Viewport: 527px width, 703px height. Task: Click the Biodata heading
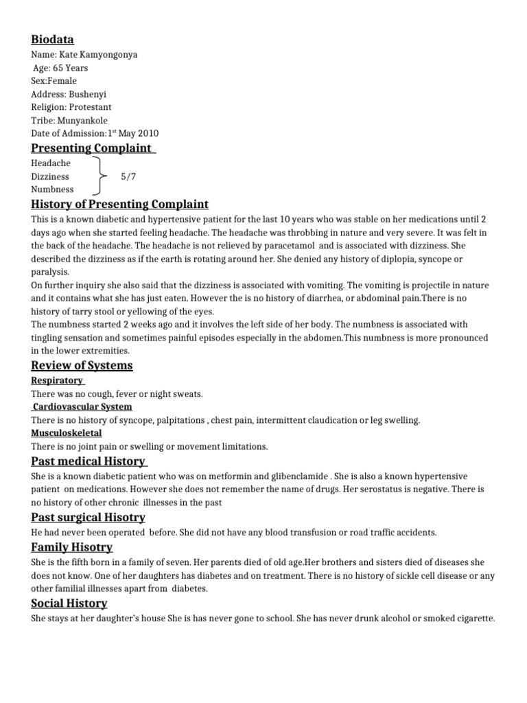pyautogui.click(x=53, y=39)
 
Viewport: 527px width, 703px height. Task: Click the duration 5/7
pyautogui.click(x=128, y=176)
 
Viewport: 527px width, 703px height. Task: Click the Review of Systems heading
pyautogui.click(x=82, y=365)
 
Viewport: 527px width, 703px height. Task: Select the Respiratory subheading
pyautogui.click(x=58, y=380)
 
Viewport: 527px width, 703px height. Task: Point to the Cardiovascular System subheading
pyautogui.click(x=82, y=406)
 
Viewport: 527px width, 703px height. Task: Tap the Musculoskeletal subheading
pyautogui.click(x=67, y=433)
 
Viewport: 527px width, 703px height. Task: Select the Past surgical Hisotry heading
pyautogui.click(x=89, y=517)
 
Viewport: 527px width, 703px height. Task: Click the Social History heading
pyautogui.click(x=69, y=603)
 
